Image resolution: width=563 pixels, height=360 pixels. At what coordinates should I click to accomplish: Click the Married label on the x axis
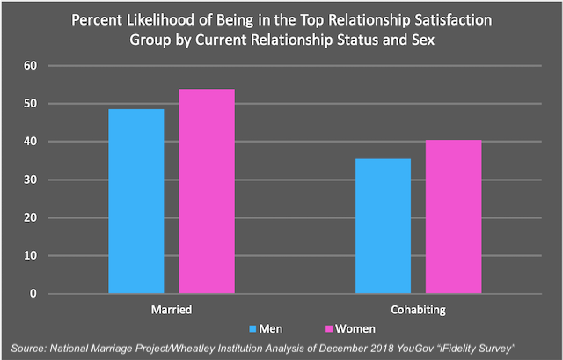(x=172, y=310)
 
